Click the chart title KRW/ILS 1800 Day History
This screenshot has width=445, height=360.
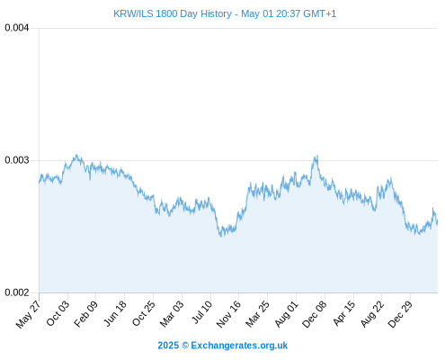[173, 13]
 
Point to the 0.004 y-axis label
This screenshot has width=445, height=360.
[17, 28]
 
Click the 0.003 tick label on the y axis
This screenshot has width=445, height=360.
[17, 160]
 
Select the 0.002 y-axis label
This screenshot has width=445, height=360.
[17, 292]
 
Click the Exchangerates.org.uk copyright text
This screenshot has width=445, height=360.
[222, 346]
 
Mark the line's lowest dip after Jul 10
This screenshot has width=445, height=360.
[222, 237]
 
